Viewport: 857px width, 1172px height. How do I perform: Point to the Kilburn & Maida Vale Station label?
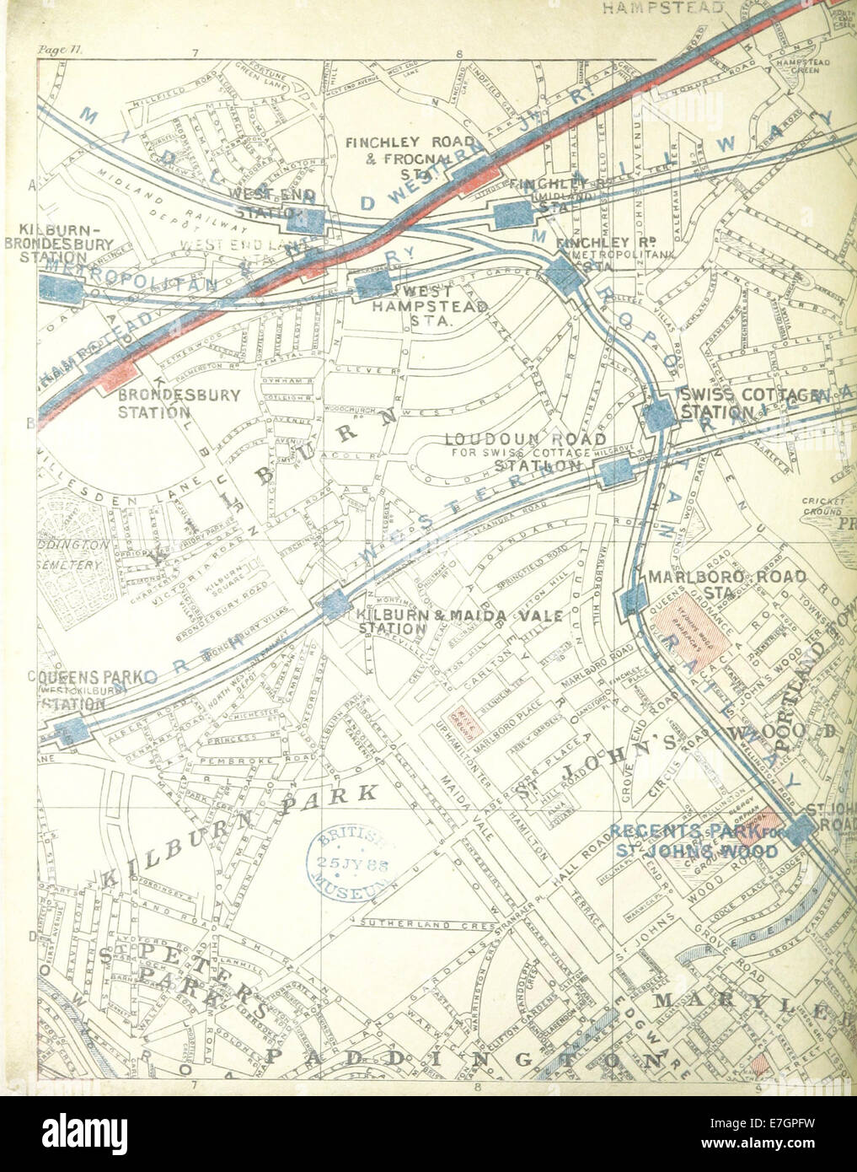(425, 621)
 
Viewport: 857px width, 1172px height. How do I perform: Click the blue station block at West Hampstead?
(373, 283)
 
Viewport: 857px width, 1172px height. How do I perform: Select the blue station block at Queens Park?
(68, 730)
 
